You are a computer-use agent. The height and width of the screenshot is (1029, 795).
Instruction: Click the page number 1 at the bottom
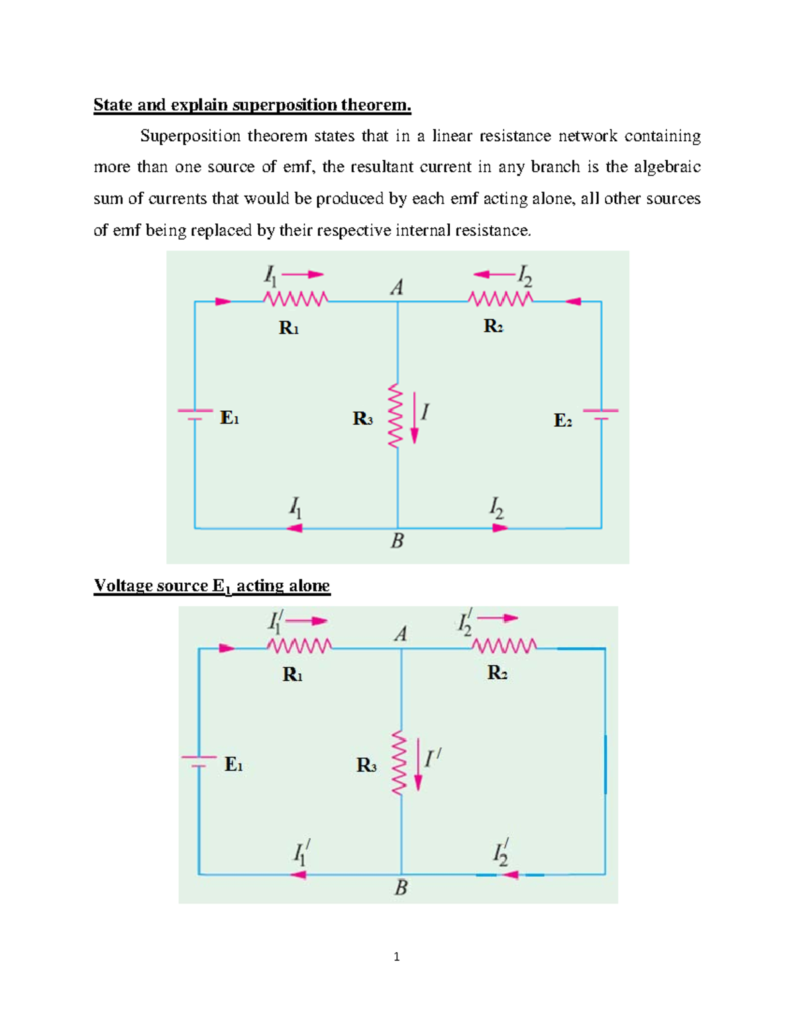397,957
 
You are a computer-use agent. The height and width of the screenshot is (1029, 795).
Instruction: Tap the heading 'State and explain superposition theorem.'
252,105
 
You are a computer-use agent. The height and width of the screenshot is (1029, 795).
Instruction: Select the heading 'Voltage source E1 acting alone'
212,586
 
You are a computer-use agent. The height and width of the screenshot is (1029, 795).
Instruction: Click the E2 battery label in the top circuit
562,420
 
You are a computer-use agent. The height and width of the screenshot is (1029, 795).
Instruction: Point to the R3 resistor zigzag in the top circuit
395,415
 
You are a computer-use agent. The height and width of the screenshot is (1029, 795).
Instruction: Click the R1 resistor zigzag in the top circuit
295,299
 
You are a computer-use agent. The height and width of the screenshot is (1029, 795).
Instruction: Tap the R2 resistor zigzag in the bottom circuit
503,645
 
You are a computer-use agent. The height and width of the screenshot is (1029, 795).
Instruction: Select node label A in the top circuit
397,287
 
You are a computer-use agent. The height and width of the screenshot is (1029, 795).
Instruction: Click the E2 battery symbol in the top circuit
601,414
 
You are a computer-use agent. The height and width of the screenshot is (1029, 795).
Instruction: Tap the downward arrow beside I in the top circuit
414,417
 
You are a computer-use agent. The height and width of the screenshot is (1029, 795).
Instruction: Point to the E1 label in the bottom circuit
233,764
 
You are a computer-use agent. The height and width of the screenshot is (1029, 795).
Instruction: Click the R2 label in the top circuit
493,326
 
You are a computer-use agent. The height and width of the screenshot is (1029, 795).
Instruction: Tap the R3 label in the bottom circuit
366,765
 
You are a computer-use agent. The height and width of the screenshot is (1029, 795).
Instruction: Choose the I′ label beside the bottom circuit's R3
433,759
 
